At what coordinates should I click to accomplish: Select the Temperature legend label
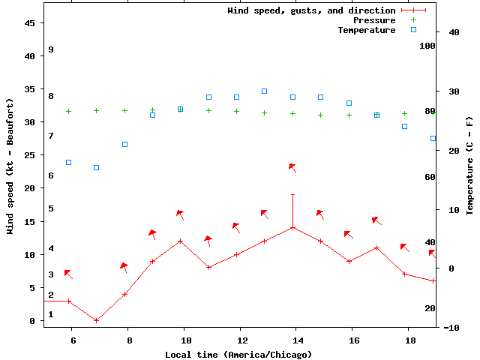pos(366,30)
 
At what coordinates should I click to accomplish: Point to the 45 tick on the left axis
pos(30,23)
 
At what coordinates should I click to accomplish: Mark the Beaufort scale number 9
pos(51,49)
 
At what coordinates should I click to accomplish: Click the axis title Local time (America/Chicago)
pos(239,354)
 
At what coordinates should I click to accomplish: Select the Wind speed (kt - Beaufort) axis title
pos(10,165)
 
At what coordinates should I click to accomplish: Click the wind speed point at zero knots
pos(96,320)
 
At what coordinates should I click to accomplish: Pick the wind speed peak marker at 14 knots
pos(292,228)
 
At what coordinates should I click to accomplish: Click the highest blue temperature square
pos(265,91)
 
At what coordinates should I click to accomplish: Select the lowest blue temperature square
pos(96,167)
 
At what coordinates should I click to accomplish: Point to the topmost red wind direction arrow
pos(293,168)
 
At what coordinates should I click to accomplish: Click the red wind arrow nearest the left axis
pos(68,274)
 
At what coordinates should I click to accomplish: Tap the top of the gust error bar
pos(292,195)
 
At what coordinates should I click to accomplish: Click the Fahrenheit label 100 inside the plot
pos(427,46)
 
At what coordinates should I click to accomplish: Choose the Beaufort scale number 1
pos(51,314)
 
